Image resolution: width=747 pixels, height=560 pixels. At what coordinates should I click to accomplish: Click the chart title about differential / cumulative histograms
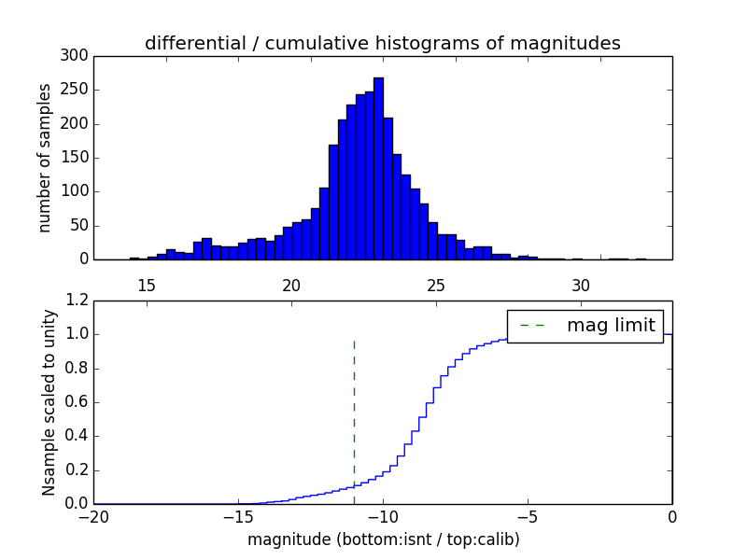[x=382, y=43]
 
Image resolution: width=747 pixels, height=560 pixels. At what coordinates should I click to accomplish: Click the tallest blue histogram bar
[x=378, y=168]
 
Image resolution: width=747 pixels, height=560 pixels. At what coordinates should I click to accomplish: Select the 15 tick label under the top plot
[x=147, y=286]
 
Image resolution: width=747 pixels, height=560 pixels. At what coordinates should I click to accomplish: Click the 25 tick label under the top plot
[x=436, y=286]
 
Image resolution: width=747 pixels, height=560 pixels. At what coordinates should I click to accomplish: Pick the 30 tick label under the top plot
[x=581, y=286]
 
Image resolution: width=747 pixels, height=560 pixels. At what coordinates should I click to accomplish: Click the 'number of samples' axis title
[x=45, y=158]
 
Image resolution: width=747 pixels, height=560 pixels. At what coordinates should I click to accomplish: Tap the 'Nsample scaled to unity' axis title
[x=49, y=402]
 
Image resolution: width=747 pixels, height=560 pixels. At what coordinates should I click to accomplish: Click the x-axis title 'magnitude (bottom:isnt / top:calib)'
[x=383, y=539]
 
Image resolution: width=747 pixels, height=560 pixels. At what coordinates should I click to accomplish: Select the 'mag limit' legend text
[x=611, y=326]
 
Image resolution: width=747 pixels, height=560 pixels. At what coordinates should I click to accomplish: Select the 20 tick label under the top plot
[x=291, y=286]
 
